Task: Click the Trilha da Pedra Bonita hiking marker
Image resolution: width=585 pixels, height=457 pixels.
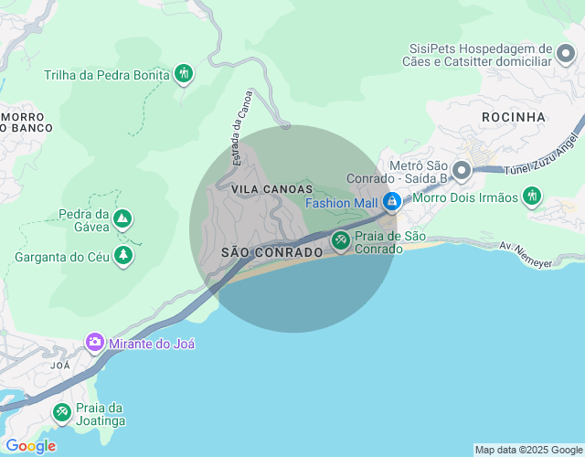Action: pos(184,74)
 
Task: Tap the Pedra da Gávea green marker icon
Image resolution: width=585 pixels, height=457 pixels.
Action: pos(122,219)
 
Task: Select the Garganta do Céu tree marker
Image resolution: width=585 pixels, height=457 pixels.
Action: pos(122,257)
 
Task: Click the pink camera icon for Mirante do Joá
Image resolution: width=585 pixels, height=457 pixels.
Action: pos(95,343)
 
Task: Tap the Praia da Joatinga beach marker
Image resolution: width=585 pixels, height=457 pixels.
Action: pos(61,413)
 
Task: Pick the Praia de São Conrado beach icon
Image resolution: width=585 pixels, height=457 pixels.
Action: pos(341,241)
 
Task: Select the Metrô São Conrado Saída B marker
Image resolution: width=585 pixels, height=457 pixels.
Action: pos(461,170)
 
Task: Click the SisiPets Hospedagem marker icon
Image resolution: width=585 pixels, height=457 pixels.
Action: pos(567,56)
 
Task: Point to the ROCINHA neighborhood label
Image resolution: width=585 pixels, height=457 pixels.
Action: pos(513,117)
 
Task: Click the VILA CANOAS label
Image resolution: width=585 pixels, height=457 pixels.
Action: pos(266,188)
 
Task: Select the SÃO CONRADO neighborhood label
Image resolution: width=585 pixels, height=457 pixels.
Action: pos(271,251)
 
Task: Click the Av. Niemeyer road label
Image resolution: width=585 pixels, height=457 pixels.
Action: pos(526,255)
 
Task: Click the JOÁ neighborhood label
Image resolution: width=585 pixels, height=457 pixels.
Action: pos(60,365)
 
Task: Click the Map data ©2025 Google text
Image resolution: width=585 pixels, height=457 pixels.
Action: pos(528,450)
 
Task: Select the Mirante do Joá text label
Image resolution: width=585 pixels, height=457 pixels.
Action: pos(152,344)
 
